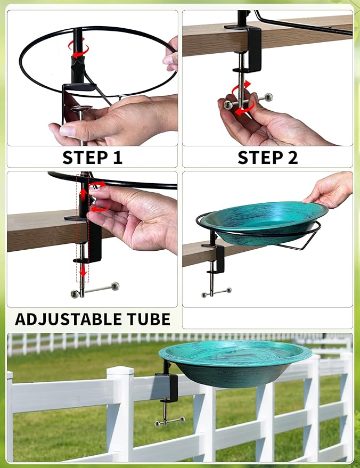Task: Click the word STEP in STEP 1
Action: [84, 157]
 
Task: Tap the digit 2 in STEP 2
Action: [291, 157]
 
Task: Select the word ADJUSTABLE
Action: [68, 319]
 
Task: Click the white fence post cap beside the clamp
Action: [120, 371]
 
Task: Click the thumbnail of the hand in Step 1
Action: [68, 131]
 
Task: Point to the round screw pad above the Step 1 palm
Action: [81, 109]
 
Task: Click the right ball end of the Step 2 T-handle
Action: [268, 97]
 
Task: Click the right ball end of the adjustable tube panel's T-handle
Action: [115, 286]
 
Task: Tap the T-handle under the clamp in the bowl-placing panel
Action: [216, 292]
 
